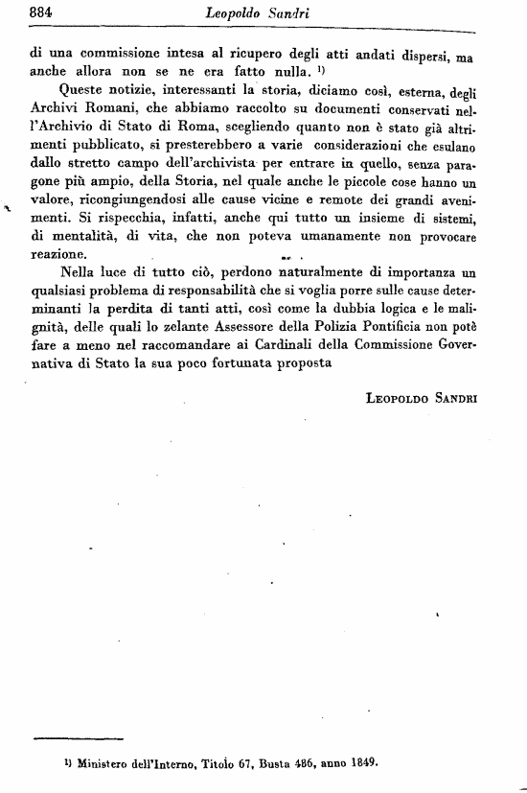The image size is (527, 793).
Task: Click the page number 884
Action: pyautogui.click(x=41, y=12)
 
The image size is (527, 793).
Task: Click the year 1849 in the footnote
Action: pyautogui.click(x=359, y=764)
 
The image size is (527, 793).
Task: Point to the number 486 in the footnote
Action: pyautogui.click(x=287, y=764)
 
